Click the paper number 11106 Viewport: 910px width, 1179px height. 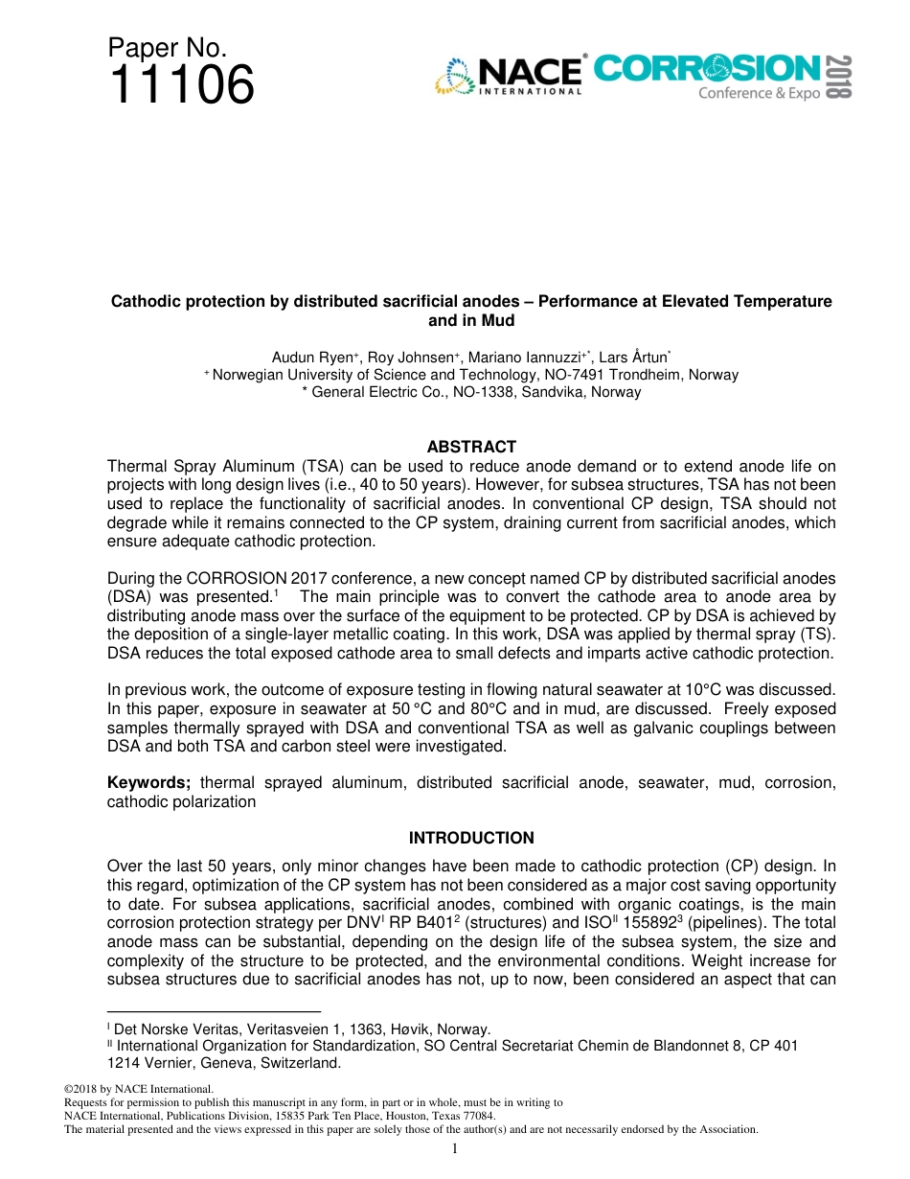tap(182, 84)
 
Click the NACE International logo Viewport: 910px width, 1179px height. tap(509, 77)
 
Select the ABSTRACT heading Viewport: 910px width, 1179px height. tap(471, 447)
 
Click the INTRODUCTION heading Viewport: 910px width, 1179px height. tap(471, 838)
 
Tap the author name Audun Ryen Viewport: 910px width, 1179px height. tap(312, 358)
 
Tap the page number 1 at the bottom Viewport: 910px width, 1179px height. tap(455, 1148)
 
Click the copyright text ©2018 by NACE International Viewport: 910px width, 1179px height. tap(137, 1089)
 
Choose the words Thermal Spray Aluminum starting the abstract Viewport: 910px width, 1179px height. tap(197, 467)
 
